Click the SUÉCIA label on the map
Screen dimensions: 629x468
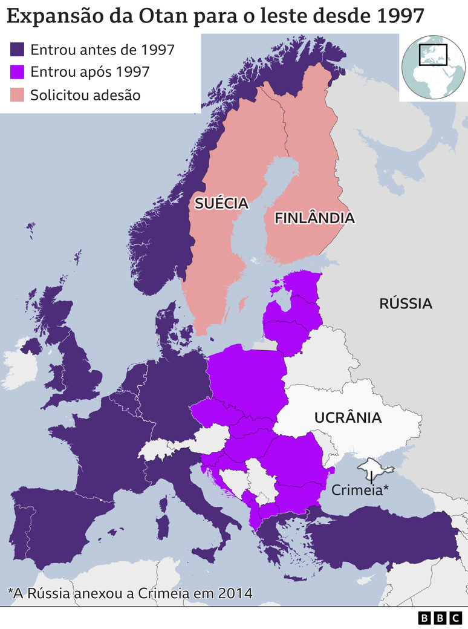221,203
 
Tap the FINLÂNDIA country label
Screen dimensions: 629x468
314,218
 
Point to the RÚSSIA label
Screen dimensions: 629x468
406,304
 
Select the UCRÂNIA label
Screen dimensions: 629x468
348,417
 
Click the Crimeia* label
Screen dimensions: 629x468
360,490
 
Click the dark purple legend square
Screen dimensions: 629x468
18,50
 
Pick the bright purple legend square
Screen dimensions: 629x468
18,72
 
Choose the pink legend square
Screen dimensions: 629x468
18,95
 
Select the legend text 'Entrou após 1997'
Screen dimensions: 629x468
89,72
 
